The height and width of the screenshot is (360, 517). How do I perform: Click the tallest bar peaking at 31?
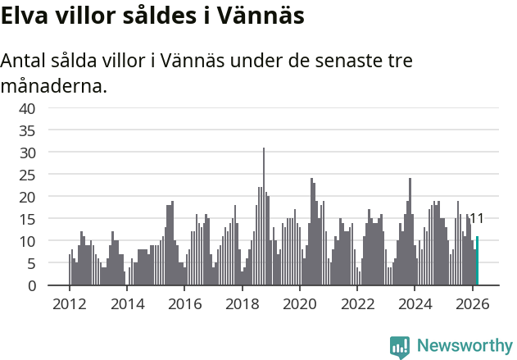[264, 217]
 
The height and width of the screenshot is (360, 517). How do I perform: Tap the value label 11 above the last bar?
[476, 219]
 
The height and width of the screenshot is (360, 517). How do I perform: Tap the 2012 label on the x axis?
[69, 303]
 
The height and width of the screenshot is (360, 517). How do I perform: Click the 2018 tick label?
[242, 303]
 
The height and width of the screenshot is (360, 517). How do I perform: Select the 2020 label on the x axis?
[300, 303]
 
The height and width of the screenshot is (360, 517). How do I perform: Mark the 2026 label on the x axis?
[473, 303]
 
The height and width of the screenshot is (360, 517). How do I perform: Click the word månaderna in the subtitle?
[54, 85]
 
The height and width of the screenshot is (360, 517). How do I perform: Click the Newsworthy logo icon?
[400, 347]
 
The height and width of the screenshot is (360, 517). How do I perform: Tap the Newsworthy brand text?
[465, 346]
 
